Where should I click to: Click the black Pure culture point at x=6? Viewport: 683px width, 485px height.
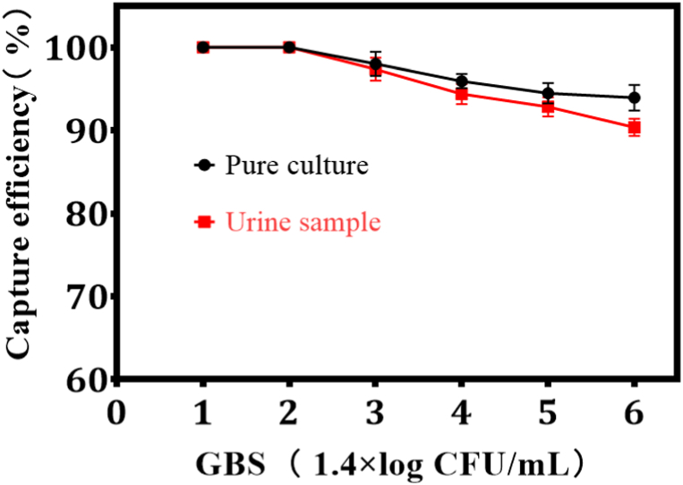click(x=634, y=98)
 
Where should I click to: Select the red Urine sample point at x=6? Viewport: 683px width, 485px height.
click(x=634, y=127)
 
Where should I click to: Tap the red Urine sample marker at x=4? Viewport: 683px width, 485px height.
click(x=462, y=94)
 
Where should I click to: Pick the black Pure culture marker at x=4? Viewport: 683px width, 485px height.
click(x=462, y=81)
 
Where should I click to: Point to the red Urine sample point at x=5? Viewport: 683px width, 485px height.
click(x=548, y=107)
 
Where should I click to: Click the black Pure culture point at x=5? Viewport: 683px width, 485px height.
click(x=548, y=92)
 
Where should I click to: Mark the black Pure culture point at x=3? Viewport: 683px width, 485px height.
click(x=376, y=64)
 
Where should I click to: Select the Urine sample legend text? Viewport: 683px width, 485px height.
click(x=303, y=222)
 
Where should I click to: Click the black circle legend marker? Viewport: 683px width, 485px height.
click(x=203, y=166)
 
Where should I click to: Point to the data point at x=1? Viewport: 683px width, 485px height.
click(x=203, y=47)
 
